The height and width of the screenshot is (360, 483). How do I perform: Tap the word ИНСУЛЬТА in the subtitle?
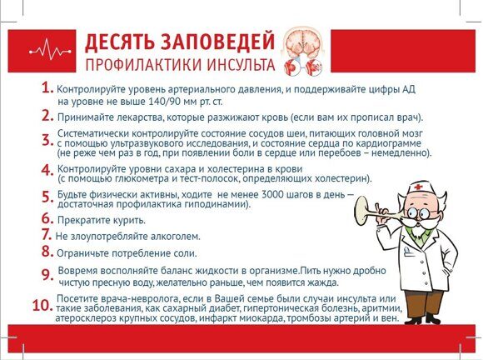(x=241, y=65)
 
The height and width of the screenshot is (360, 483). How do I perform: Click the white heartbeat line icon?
(x=50, y=51)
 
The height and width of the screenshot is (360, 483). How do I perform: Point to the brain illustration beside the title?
(x=303, y=52)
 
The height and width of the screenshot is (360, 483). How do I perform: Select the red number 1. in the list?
(x=47, y=87)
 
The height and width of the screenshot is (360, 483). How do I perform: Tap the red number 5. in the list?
(x=47, y=197)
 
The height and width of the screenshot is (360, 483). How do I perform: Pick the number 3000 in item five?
(x=272, y=195)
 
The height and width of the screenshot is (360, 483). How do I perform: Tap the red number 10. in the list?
(x=42, y=306)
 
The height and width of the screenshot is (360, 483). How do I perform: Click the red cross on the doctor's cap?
(x=418, y=187)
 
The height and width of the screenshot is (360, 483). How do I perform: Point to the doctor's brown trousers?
(x=423, y=305)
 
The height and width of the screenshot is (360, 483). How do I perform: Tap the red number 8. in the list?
(x=47, y=251)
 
